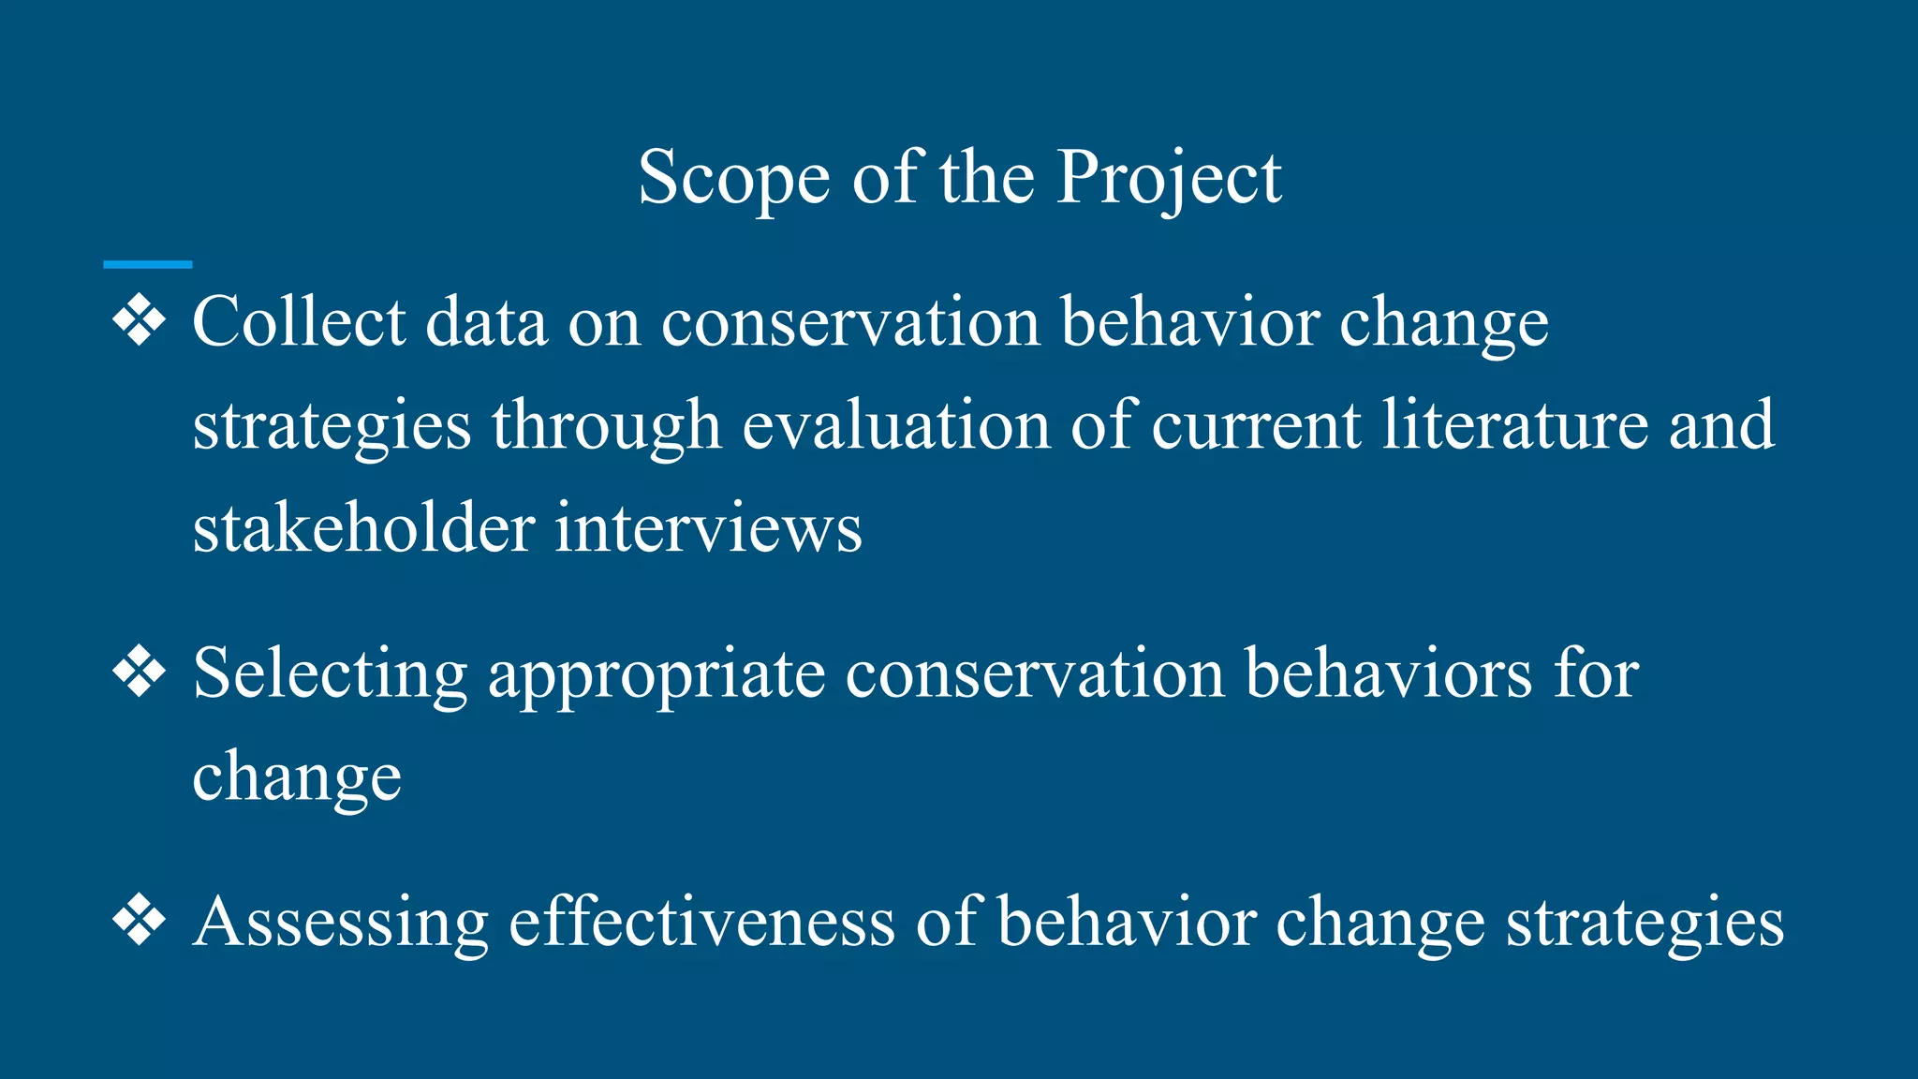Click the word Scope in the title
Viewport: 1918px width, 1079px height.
point(733,178)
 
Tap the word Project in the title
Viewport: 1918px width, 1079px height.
point(1169,178)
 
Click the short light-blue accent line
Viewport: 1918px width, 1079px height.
point(147,265)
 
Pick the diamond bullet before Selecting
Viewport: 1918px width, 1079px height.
point(139,673)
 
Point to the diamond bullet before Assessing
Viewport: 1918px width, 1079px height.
point(139,921)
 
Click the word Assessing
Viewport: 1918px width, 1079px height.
point(341,923)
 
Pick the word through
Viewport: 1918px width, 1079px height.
point(607,426)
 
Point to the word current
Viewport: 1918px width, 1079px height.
point(1256,426)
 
